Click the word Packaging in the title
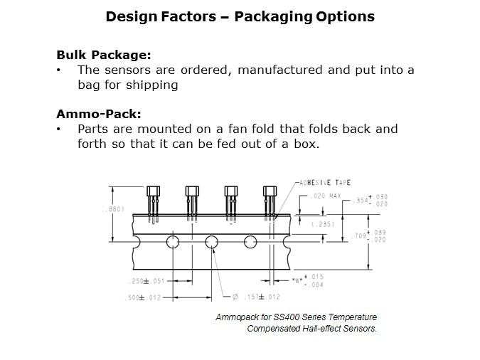coord(273,16)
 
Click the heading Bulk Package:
coord(104,55)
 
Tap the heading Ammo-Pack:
coord(99,114)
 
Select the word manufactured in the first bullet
coord(279,70)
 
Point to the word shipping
coord(152,85)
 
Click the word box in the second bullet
coord(306,144)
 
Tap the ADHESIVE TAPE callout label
coord(325,183)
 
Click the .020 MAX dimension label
coord(326,196)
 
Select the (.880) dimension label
coord(113,209)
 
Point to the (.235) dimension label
coord(323,224)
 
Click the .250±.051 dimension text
coord(146,281)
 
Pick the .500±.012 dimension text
coord(143,297)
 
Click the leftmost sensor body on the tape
coord(153,191)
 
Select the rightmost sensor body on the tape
coord(270,191)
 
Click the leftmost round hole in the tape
coord(173,242)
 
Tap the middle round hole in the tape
coord(211,242)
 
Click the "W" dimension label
coord(297,280)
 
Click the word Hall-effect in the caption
coord(321,329)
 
